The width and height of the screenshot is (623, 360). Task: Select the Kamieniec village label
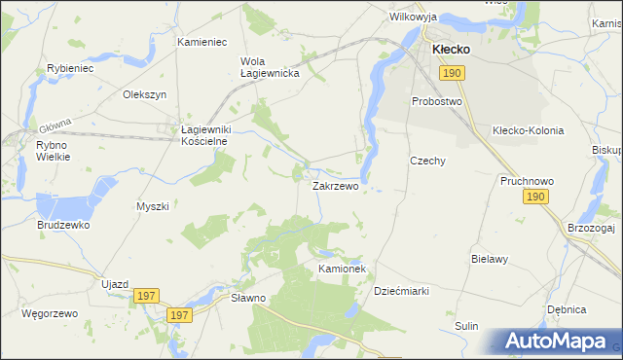pyautogui.click(x=202, y=43)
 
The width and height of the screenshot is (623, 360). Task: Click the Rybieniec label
pyautogui.click(x=70, y=69)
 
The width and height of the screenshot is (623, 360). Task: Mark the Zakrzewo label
pyautogui.click(x=335, y=185)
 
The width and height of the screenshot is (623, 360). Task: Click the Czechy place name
pyautogui.click(x=427, y=162)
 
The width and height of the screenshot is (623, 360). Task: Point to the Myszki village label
pyautogui.click(x=153, y=206)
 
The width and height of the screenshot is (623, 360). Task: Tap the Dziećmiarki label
pyautogui.click(x=402, y=291)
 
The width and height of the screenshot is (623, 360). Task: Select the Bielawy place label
pyautogui.click(x=491, y=260)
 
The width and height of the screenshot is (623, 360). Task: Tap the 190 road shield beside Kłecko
pyautogui.click(x=450, y=73)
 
